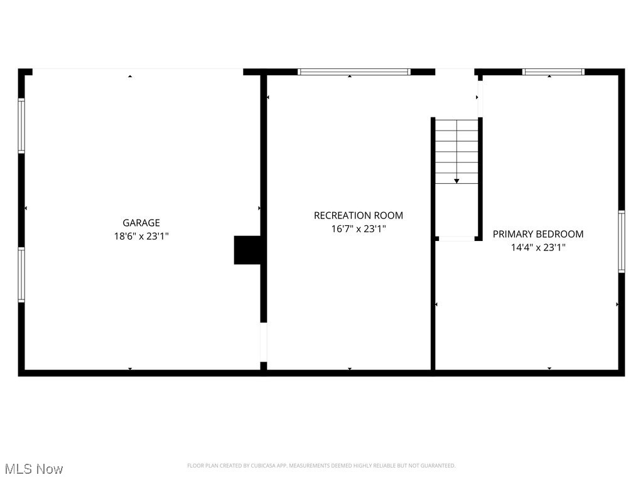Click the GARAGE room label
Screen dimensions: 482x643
coord(141,223)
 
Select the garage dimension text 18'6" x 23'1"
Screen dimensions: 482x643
coord(141,237)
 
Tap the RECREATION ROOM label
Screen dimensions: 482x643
coord(359,215)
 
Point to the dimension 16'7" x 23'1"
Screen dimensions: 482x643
coord(359,229)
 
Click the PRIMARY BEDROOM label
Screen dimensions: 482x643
coord(538,234)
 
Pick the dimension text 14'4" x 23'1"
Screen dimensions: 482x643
coord(538,248)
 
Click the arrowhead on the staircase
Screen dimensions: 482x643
coord(457,181)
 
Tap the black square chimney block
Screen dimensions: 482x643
coord(247,250)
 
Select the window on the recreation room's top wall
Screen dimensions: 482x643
coord(354,72)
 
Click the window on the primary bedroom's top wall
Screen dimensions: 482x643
coord(554,72)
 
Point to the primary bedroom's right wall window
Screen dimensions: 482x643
coord(622,242)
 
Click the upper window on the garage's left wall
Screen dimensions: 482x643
coord(21,126)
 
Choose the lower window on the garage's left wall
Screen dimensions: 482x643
coord(21,275)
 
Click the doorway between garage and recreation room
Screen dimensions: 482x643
coord(264,342)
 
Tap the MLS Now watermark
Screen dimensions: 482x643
coord(34,469)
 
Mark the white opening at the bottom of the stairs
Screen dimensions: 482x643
coord(457,238)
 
